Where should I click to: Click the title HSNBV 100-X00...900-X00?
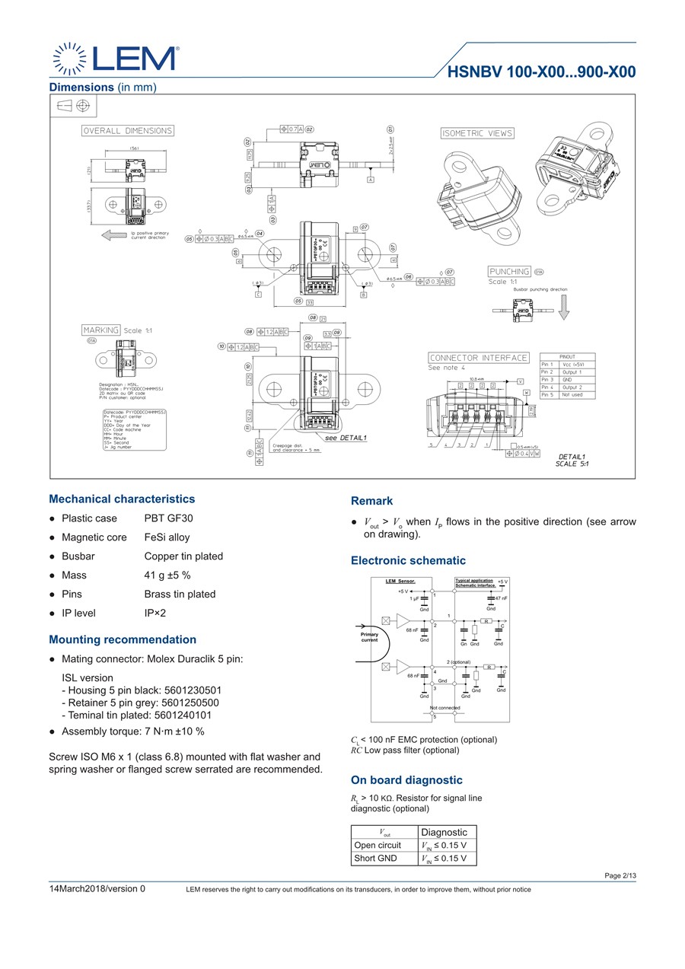(x=541, y=73)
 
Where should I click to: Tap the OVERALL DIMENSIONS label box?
(x=128, y=131)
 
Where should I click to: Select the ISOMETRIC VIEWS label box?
(x=477, y=133)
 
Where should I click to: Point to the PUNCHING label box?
(x=509, y=272)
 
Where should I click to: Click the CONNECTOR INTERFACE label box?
(x=479, y=358)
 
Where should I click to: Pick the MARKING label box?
(x=100, y=330)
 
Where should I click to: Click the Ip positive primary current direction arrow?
(x=114, y=235)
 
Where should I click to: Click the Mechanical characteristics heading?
(x=122, y=499)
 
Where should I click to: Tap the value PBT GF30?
(x=169, y=518)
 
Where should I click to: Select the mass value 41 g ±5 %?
(x=167, y=575)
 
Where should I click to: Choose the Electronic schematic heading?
(x=408, y=561)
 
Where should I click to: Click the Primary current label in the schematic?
(x=369, y=637)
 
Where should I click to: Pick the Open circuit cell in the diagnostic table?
(x=378, y=845)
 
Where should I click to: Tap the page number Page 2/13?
(x=620, y=876)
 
